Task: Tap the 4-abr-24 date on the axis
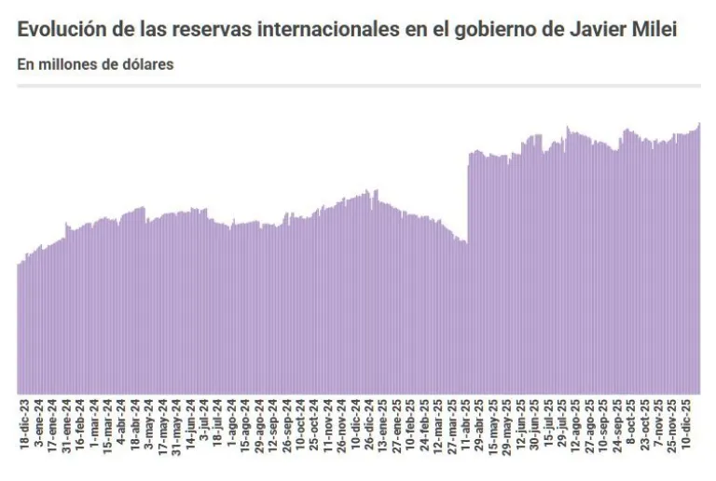(121, 428)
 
